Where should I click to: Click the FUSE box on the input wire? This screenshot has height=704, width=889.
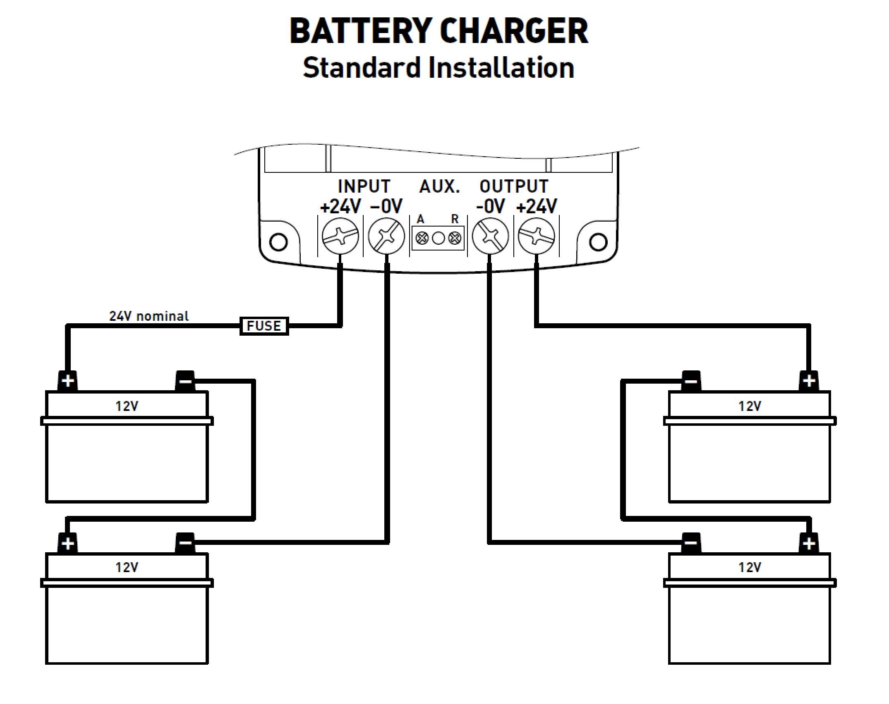point(264,326)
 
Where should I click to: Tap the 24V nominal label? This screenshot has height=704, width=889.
point(149,316)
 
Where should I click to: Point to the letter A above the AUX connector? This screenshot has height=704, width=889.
point(420,219)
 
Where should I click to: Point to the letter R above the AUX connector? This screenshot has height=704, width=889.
point(455,219)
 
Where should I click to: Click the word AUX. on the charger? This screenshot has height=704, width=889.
point(439,187)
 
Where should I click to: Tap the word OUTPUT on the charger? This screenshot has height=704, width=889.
point(514,187)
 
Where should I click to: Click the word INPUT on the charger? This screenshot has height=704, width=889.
point(364,187)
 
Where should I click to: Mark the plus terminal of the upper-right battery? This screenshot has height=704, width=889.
point(809,381)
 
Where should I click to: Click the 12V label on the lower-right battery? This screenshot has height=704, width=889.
point(750,567)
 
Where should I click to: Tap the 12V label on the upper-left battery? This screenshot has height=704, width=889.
point(127,406)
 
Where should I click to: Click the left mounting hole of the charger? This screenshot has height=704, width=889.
point(278,242)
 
